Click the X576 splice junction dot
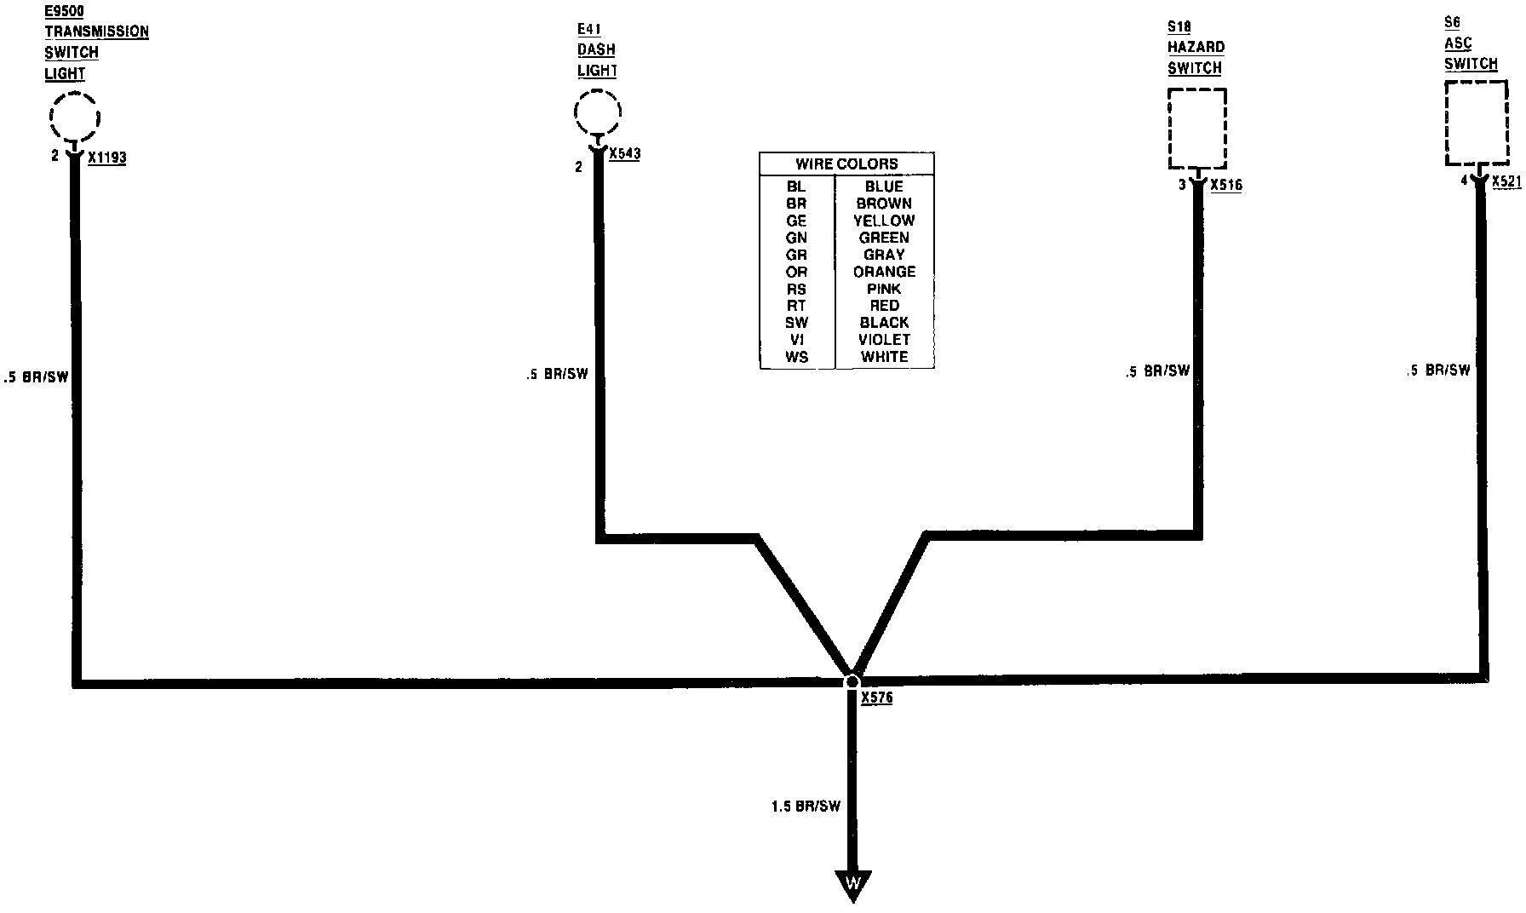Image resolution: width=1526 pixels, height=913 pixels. pos(852,681)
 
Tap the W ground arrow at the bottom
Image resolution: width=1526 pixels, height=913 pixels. pos(852,884)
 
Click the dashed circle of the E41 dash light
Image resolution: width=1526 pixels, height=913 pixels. pos(597,112)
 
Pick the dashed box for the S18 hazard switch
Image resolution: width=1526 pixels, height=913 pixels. pos(1197,128)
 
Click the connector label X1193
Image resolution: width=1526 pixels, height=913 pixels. pos(106,158)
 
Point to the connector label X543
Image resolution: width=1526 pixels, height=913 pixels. pos(625,154)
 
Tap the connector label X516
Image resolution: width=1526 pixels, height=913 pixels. pos(1225,185)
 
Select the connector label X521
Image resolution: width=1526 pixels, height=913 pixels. pos(1506,181)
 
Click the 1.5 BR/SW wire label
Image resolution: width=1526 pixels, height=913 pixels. pos(806,806)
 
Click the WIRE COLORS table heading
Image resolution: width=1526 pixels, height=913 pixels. pos(846,164)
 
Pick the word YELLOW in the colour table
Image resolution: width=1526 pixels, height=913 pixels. pos(884,221)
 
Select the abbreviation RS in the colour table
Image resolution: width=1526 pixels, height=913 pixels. pos(796,289)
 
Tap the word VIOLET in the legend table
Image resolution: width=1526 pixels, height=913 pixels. pos(884,340)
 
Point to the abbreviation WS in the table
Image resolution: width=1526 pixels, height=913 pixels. pos(796,357)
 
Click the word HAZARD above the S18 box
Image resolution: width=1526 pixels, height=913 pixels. pos(1196,48)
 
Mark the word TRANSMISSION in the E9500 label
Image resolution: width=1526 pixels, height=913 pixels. pos(96,32)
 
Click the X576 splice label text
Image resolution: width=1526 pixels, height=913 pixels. pos(876,698)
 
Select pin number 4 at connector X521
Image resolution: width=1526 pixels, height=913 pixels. pos(1464,181)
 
